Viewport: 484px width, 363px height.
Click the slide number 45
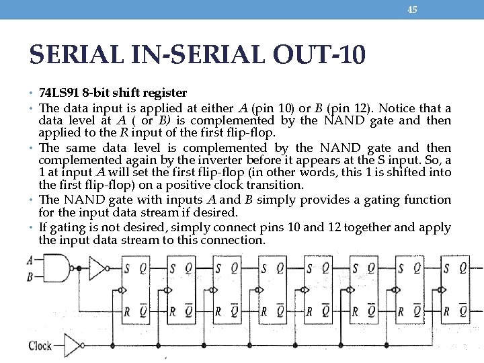[x=413, y=9]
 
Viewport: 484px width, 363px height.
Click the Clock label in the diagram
[x=40, y=346]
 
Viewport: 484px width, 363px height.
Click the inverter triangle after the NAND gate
[x=98, y=268]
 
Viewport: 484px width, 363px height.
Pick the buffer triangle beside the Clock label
[x=72, y=346]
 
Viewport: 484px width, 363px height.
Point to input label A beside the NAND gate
[x=30, y=260]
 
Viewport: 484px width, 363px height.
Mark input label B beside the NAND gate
[x=30, y=276]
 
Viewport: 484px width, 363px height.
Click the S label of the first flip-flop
[x=126, y=268]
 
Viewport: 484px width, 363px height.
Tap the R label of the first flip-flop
[x=126, y=311]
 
